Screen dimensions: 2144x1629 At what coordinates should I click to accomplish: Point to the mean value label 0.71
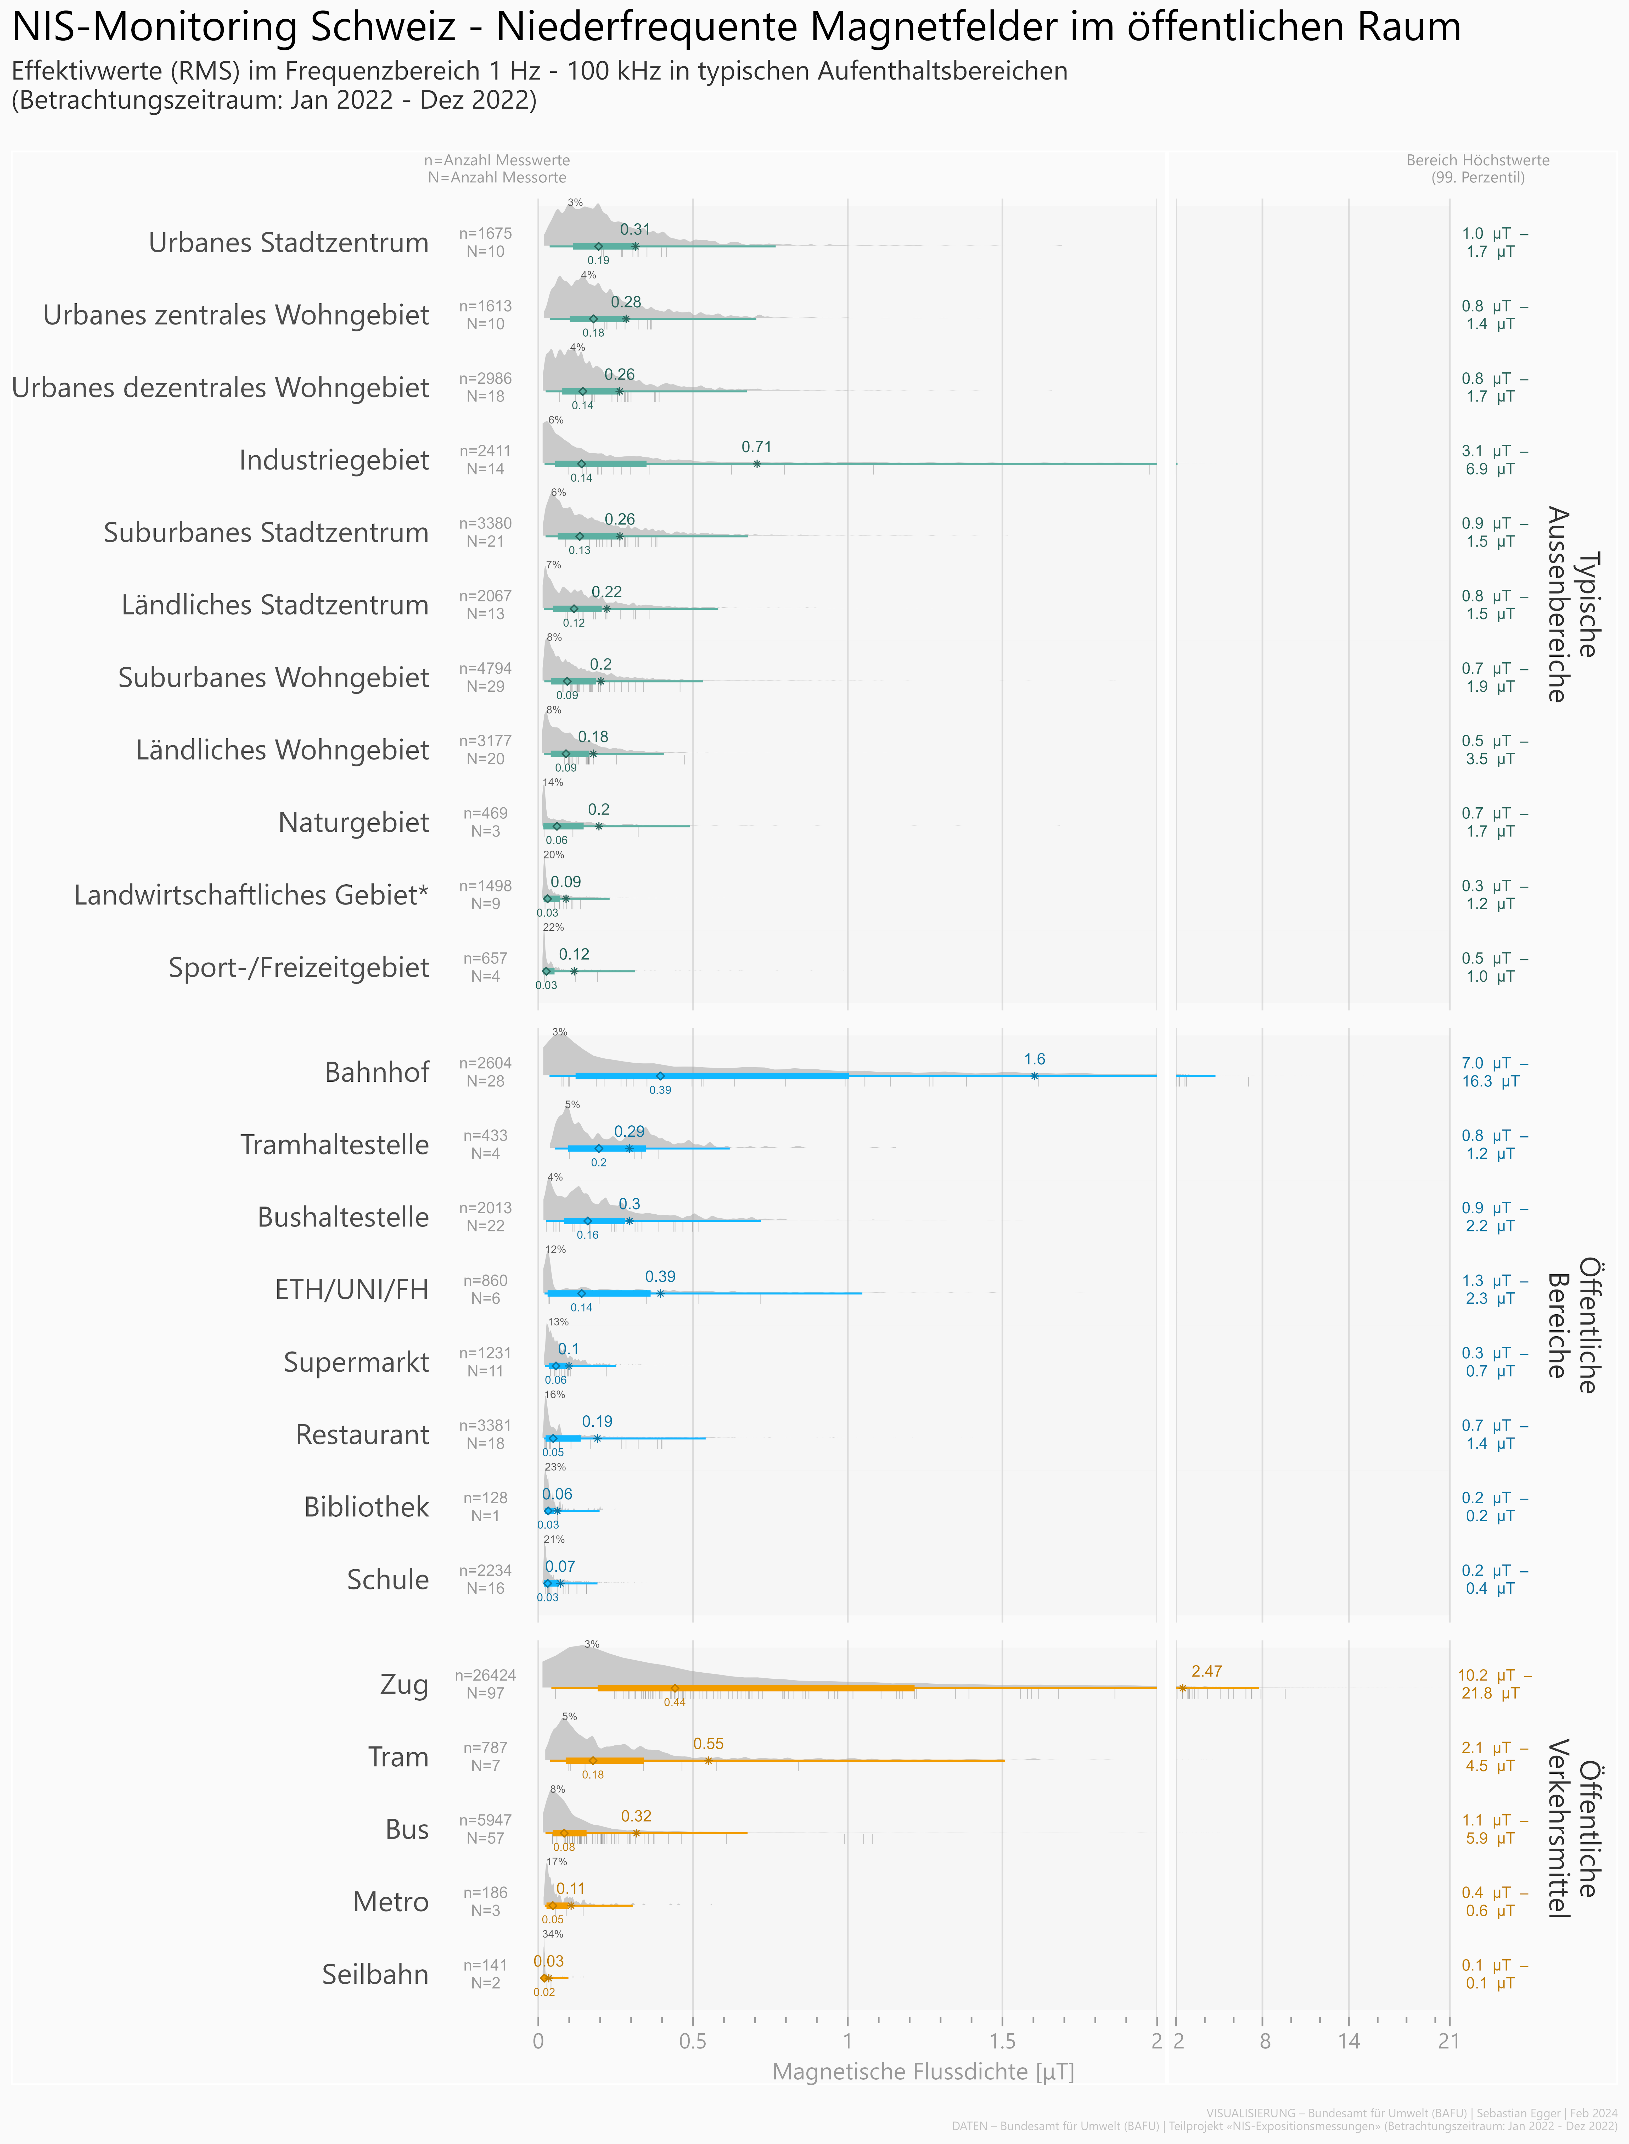point(756,447)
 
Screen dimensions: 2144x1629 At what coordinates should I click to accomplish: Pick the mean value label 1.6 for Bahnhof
point(1035,1059)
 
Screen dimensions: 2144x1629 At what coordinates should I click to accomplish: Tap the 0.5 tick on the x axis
point(692,2041)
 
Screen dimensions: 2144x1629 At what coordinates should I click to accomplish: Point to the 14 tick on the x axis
point(1349,2041)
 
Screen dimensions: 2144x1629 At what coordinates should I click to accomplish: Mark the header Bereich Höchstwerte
point(1478,160)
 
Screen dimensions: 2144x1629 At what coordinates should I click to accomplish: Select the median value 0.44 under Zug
point(675,1703)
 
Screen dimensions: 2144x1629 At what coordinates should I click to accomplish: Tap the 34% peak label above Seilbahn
point(553,1935)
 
